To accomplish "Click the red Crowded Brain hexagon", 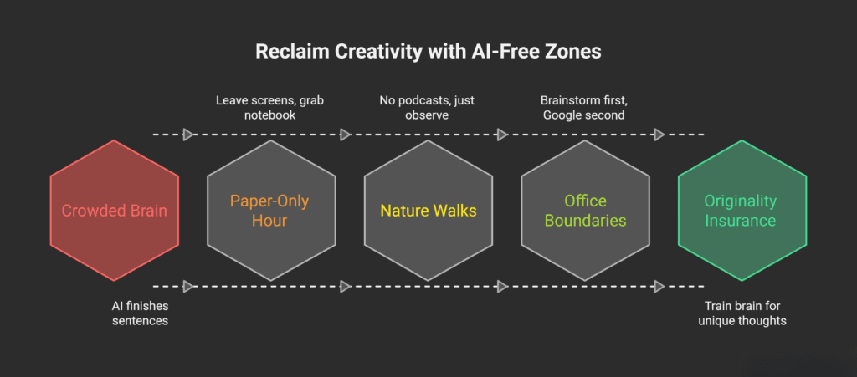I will (114, 210).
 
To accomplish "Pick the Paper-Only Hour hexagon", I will (270, 210).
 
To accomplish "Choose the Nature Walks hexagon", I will (428, 210).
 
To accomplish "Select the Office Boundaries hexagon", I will (585, 210).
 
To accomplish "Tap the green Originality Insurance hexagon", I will (742, 210).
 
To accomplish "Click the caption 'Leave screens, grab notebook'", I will (270, 106).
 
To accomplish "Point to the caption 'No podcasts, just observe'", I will (428, 106).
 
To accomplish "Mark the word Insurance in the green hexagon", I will (742, 221).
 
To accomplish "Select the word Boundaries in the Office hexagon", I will (585, 221).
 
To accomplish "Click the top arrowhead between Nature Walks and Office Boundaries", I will (502, 135).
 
